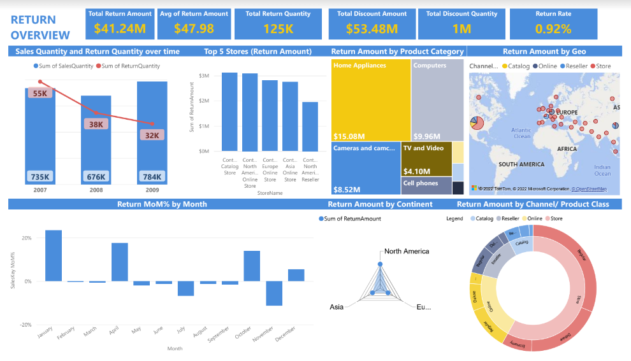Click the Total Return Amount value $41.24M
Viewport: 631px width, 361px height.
(x=120, y=29)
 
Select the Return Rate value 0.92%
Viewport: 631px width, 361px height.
(x=553, y=29)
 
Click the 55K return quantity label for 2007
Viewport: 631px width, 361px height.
(x=40, y=94)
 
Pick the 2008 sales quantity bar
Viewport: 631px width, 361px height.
(x=96, y=140)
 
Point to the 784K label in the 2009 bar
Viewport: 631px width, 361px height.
(x=152, y=176)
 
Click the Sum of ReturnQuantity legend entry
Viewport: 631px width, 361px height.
(x=130, y=66)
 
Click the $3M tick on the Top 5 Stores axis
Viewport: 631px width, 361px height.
(x=204, y=76)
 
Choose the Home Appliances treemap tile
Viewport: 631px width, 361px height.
(x=371, y=99)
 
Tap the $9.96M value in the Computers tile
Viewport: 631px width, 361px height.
(x=426, y=136)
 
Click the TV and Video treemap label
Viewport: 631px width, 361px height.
(x=423, y=148)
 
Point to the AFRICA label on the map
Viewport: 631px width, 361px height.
(x=567, y=149)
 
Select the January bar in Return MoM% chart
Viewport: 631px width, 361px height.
(x=54, y=255)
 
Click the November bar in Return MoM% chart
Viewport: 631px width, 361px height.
(x=274, y=293)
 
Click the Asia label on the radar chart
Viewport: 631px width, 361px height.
(x=337, y=307)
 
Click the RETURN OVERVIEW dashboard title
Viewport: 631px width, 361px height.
(x=40, y=27)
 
